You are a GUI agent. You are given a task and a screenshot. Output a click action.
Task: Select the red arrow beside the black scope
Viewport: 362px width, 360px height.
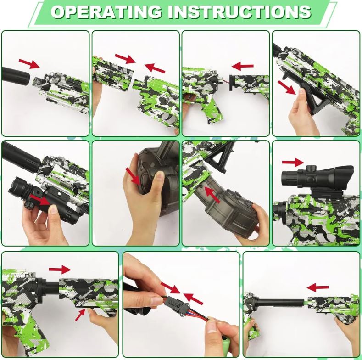293,162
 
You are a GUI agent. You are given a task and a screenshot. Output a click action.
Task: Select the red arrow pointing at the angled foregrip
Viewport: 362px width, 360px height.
287,85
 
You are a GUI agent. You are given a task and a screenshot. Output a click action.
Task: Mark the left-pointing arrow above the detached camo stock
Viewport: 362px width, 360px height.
243,66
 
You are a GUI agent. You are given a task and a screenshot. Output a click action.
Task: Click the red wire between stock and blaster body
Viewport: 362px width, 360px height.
227,83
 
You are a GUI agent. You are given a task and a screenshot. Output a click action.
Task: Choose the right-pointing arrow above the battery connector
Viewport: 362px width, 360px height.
169,288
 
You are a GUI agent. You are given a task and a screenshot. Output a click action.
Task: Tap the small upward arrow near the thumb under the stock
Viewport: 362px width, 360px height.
81,314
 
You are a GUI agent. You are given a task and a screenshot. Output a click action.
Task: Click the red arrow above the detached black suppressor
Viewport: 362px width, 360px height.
29,63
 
